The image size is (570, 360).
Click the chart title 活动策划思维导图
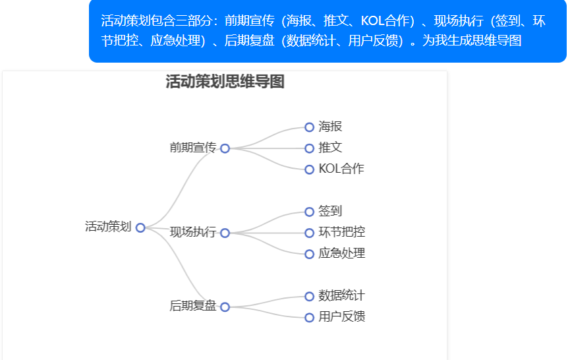pos(225,82)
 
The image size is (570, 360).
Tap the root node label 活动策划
pos(108,227)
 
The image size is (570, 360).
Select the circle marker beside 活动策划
pos(140,227)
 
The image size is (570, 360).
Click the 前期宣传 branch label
pos(192,148)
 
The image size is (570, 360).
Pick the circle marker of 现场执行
pos(225,233)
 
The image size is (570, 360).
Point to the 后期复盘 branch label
pos(192,306)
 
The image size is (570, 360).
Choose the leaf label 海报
pos(330,127)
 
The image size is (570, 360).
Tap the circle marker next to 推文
pos(309,148)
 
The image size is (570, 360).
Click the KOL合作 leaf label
pos(341,169)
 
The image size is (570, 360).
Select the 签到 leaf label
pos(330,211)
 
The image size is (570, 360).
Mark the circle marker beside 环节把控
pos(309,233)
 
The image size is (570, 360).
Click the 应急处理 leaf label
pos(341,253)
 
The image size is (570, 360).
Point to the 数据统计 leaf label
pos(341,295)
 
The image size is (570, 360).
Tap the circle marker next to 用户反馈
pos(309,317)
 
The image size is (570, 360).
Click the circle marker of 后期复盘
pos(225,307)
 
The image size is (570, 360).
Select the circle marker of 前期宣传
pos(225,148)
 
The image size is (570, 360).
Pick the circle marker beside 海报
pos(309,127)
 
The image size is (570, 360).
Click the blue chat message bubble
pos(328,31)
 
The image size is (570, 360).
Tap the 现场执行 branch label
pos(192,232)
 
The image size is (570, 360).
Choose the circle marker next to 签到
pos(309,212)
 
